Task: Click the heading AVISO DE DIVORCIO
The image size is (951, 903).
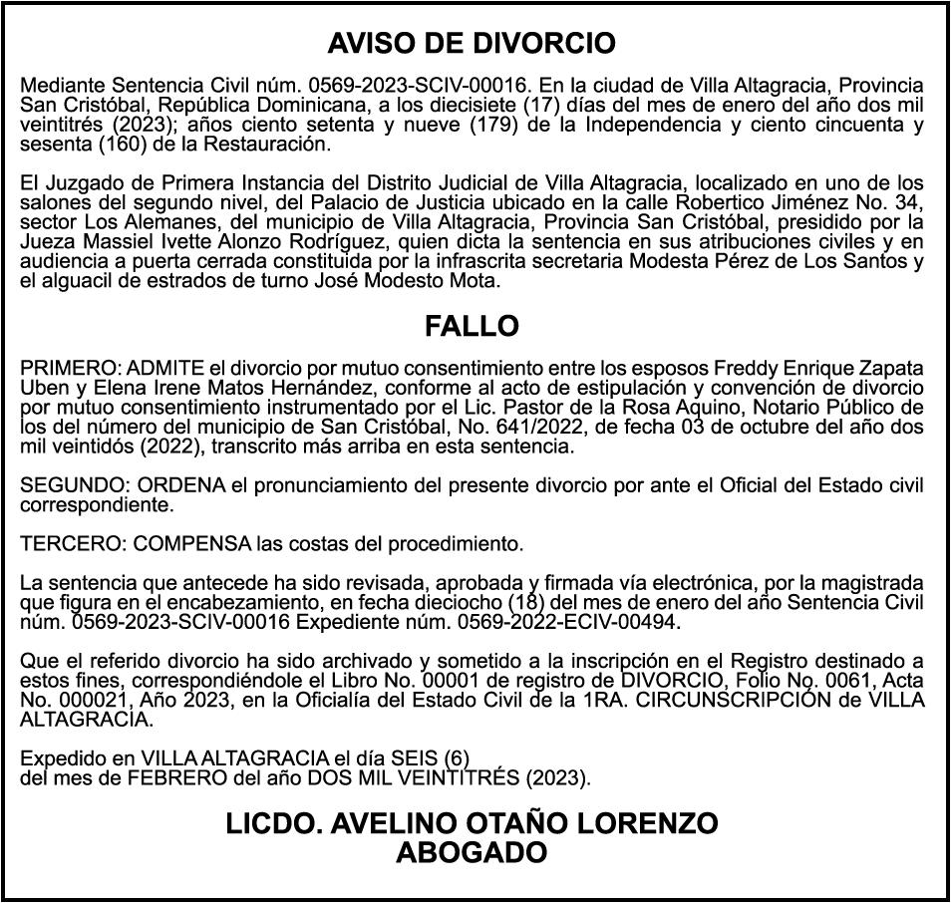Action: point(472,44)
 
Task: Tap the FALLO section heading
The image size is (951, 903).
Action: point(472,326)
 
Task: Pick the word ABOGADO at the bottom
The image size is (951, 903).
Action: point(472,852)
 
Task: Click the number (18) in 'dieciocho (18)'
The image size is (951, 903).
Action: point(526,603)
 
